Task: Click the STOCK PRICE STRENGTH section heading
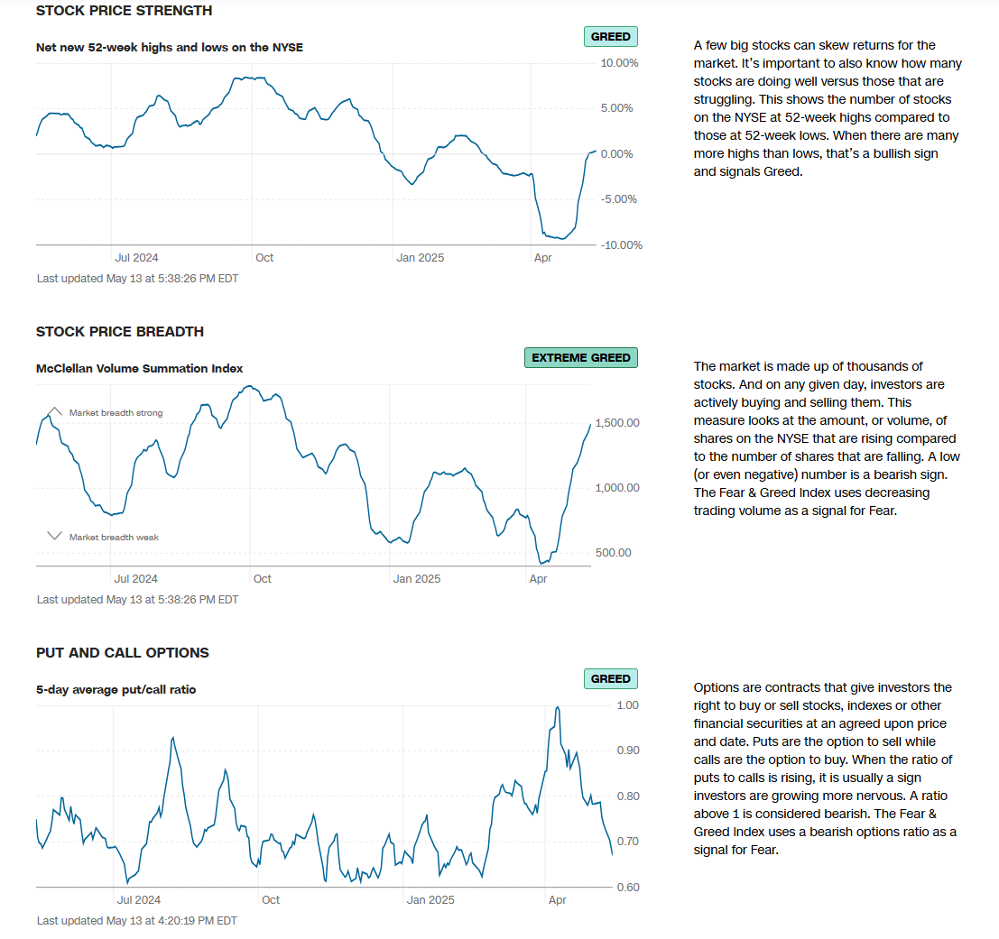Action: coord(124,11)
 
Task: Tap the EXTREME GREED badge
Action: coord(581,358)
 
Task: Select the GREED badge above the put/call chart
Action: coord(611,678)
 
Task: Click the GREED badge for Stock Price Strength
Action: coord(611,37)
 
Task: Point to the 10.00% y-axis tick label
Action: coord(619,63)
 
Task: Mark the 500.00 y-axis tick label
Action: coord(613,553)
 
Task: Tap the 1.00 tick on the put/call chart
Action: coord(626,705)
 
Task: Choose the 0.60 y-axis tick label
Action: coord(626,888)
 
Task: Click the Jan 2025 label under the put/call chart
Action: coord(430,900)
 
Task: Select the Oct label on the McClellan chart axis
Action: coord(262,579)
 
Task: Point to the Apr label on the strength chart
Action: coord(543,258)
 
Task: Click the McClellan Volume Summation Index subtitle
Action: coord(139,368)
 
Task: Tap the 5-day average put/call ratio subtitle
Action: coord(116,689)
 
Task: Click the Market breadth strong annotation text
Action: coord(116,413)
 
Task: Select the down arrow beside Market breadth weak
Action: coord(54,536)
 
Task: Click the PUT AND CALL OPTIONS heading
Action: coord(122,652)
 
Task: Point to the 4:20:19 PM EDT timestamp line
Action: coord(136,921)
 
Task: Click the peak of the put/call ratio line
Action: coord(558,707)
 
